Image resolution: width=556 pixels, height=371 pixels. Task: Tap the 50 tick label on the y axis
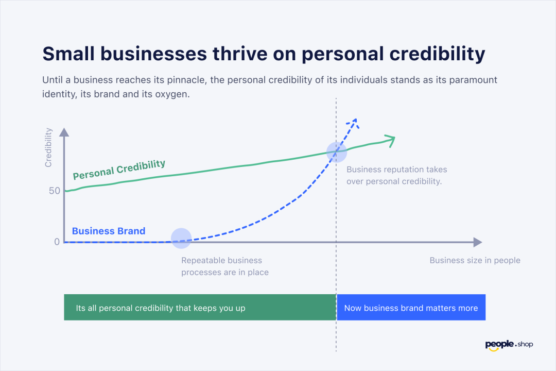55,191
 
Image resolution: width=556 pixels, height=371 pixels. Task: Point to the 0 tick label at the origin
57,242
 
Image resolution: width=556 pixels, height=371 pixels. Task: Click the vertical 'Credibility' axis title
48,147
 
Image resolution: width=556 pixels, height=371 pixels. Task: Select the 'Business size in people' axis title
475,260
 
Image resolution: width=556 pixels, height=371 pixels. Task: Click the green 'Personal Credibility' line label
119,170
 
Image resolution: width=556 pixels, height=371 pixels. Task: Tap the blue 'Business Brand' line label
109,231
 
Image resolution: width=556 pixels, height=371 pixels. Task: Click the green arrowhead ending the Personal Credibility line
390,141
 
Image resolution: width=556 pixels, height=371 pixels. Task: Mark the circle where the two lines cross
337,152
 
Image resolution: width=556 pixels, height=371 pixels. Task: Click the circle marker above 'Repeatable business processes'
181,239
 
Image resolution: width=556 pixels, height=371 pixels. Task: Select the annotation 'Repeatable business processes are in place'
225,266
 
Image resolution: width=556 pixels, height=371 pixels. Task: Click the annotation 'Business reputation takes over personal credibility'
396,175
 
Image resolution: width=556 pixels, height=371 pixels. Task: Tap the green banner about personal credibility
200,308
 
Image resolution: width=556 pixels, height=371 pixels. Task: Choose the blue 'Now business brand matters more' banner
411,308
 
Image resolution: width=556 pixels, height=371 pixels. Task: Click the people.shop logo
509,345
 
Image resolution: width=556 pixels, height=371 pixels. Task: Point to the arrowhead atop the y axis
64,132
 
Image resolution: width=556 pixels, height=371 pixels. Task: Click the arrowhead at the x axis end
478,242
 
